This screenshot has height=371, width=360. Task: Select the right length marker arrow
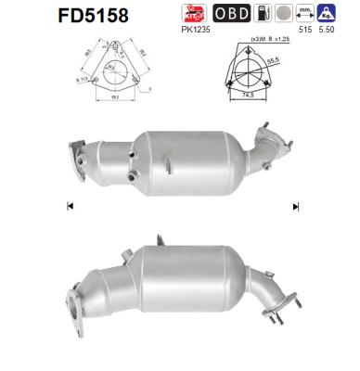click(296, 205)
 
